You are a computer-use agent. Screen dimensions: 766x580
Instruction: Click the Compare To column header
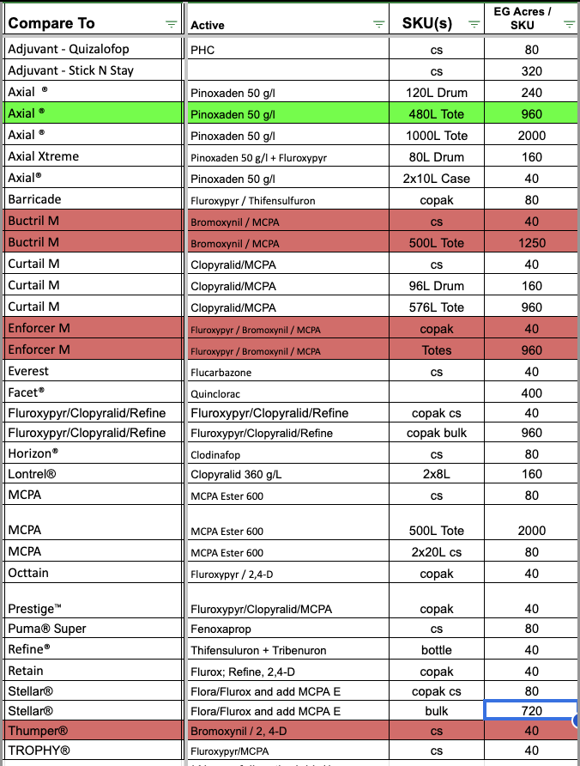[x=51, y=23]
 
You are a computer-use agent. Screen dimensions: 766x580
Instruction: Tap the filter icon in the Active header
[x=379, y=25]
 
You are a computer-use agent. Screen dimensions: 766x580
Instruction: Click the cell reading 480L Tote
[x=436, y=113]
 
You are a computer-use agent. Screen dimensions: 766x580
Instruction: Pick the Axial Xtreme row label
[x=43, y=156]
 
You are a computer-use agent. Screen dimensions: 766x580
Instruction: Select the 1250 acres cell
[x=532, y=243]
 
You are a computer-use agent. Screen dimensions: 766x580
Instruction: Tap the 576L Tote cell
[x=436, y=307]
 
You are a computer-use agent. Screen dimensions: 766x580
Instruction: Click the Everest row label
[x=28, y=371]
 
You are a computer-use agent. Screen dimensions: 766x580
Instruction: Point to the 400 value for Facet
[x=532, y=392]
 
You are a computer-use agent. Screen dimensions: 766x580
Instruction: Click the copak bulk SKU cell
[x=436, y=432]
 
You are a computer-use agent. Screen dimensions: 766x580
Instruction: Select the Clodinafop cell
[x=221, y=453]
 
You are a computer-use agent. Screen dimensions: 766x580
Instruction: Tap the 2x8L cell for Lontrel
[x=436, y=474]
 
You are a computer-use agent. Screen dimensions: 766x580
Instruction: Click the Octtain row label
[x=28, y=572]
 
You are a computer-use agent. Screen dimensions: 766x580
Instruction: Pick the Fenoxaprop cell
[x=221, y=629]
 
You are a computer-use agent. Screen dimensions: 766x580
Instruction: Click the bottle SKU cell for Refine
[x=436, y=650]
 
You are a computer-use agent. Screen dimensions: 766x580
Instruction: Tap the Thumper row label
[x=38, y=730]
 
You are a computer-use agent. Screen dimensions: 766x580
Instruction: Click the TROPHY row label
[x=39, y=751]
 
